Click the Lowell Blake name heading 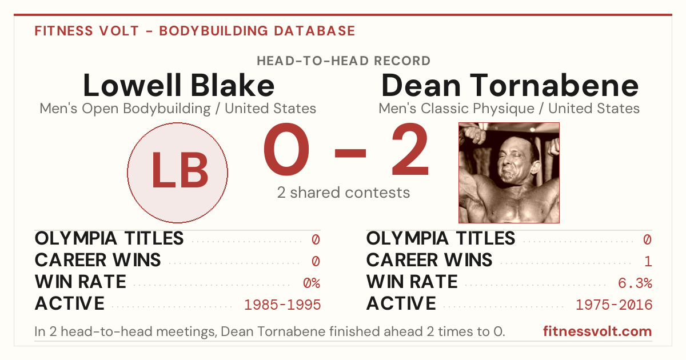click(178, 85)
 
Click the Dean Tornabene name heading click(510, 85)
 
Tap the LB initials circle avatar click(178, 173)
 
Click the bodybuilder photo click(509, 173)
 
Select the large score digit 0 click(286, 149)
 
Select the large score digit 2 click(410, 149)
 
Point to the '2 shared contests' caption click(344, 193)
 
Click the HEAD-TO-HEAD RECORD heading click(344, 61)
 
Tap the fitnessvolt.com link click(597, 331)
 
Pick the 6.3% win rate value click(635, 283)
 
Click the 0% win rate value click(312, 283)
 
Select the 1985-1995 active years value click(282, 305)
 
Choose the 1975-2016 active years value click(614, 305)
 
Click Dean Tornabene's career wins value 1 click(648, 261)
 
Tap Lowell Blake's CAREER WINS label click(98, 260)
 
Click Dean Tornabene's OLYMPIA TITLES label click(441, 238)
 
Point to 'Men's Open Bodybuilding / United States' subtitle click(178, 109)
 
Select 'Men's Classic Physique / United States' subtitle click(509, 109)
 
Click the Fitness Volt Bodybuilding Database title click(195, 31)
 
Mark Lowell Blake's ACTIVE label click(70, 303)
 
